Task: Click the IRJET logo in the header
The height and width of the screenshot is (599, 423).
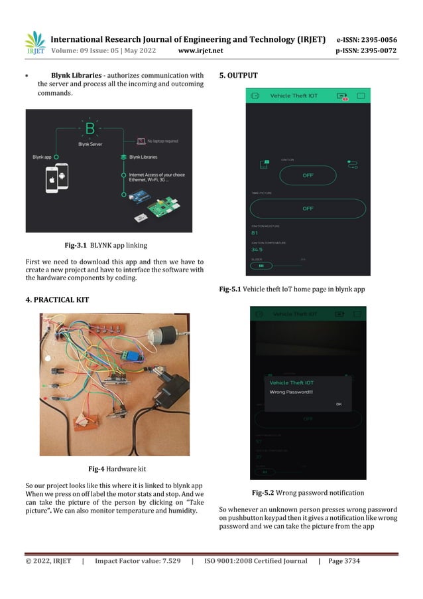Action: click(34, 43)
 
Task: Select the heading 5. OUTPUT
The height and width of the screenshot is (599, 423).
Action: click(238, 76)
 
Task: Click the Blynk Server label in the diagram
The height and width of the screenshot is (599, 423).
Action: click(90, 143)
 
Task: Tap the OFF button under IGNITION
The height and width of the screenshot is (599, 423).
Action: click(308, 175)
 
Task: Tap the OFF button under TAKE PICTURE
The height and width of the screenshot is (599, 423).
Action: click(308, 209)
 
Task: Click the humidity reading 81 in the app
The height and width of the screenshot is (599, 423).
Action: click(255, 233)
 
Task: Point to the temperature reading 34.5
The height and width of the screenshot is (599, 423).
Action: click(257, 250)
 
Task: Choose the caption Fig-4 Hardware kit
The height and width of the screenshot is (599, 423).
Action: click(117, 468)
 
